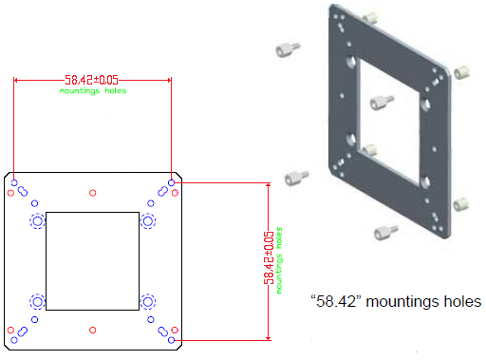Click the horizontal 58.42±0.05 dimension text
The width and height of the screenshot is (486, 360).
click(91, 80)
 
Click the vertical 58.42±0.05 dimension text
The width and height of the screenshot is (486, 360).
click(269, 257)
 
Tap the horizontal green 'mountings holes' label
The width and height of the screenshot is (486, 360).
click(93, 91)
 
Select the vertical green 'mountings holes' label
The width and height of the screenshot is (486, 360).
click(279, 260)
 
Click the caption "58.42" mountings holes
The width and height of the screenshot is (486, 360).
click(396, 301)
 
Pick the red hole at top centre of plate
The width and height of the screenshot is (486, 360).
click(93, 193)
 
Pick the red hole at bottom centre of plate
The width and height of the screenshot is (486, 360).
click(93, 331)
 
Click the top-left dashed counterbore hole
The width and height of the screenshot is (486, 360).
click(38, 221)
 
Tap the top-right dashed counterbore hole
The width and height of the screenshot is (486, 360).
click(148, 221)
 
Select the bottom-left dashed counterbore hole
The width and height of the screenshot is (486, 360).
click(38, 302)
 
